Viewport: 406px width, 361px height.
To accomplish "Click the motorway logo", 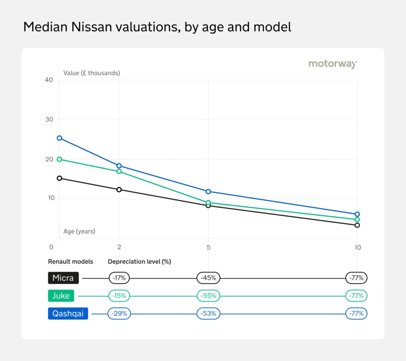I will (x=333, y=64).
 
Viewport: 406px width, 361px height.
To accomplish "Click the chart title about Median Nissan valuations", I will (x=157, y=27).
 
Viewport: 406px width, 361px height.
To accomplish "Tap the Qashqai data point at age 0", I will (x=59, y=138).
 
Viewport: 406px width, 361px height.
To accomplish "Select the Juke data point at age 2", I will (x=119, y=171).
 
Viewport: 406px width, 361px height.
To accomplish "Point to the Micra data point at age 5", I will (x=208, y=205).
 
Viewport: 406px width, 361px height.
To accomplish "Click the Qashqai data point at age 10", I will (x=357, y=214).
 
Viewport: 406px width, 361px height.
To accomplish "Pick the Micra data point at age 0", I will (x=59, y=178).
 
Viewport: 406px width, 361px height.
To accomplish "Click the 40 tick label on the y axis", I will (x=49, y=80).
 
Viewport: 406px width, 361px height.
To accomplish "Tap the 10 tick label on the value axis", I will (x=49, y=198).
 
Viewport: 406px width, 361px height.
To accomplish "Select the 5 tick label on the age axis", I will (x=208, y=247).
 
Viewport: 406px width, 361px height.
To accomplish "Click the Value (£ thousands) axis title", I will (x=92, y=73).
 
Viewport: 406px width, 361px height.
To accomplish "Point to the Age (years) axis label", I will (x=79, y=231).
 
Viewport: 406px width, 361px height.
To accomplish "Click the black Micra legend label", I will (x=63, y=278).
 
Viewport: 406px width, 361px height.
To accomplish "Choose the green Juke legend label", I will (x=61, y=296).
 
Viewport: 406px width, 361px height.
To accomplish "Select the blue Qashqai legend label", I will (x=68, y=314).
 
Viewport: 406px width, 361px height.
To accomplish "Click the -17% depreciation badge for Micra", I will (x=119, y=278).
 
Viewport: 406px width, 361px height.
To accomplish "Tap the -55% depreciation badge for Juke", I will (x=209, y=296).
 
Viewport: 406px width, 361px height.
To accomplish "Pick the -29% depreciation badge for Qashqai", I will (x=119, y=314).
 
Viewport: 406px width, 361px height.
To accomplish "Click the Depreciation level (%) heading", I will (x=139, y=262).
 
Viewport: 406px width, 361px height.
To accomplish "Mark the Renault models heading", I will (x=71, y=262).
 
